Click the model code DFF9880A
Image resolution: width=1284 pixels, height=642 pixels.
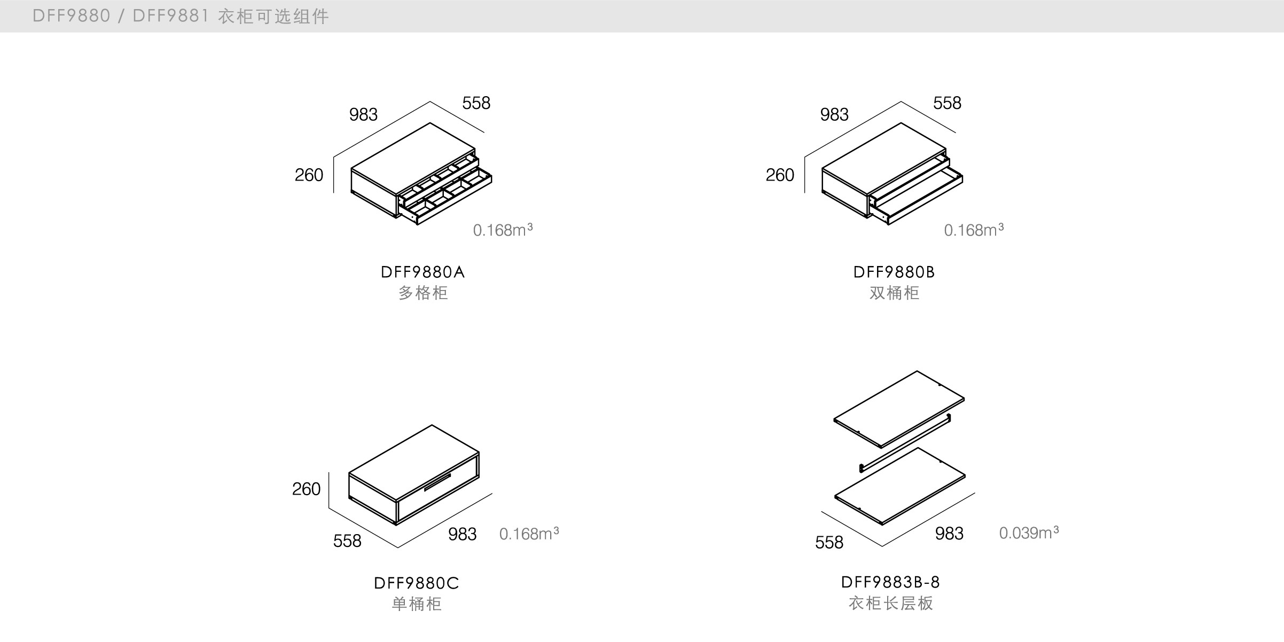422,272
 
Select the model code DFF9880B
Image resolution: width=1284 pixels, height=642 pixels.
894,272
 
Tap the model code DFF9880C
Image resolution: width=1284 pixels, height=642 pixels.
416,583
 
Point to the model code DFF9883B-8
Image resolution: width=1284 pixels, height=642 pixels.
890,582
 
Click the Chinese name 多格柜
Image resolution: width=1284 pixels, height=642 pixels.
422,293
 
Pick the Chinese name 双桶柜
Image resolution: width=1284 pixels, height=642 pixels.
894,293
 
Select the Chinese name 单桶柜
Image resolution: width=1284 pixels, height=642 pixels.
416,604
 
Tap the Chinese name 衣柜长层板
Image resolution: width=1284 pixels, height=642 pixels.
890,604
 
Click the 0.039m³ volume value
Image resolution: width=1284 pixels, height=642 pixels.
1028,533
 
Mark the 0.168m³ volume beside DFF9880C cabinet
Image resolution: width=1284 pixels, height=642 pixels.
528,534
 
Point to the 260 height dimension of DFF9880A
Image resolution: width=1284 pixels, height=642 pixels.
309,175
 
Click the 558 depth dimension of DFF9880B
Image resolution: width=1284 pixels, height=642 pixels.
946,103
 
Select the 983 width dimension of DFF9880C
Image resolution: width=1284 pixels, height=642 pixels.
462,534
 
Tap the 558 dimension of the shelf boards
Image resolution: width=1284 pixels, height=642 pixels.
828,543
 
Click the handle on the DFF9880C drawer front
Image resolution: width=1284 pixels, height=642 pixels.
437,482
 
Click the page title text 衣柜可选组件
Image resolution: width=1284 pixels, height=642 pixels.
273,17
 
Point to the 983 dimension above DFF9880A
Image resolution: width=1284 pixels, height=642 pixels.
363,115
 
